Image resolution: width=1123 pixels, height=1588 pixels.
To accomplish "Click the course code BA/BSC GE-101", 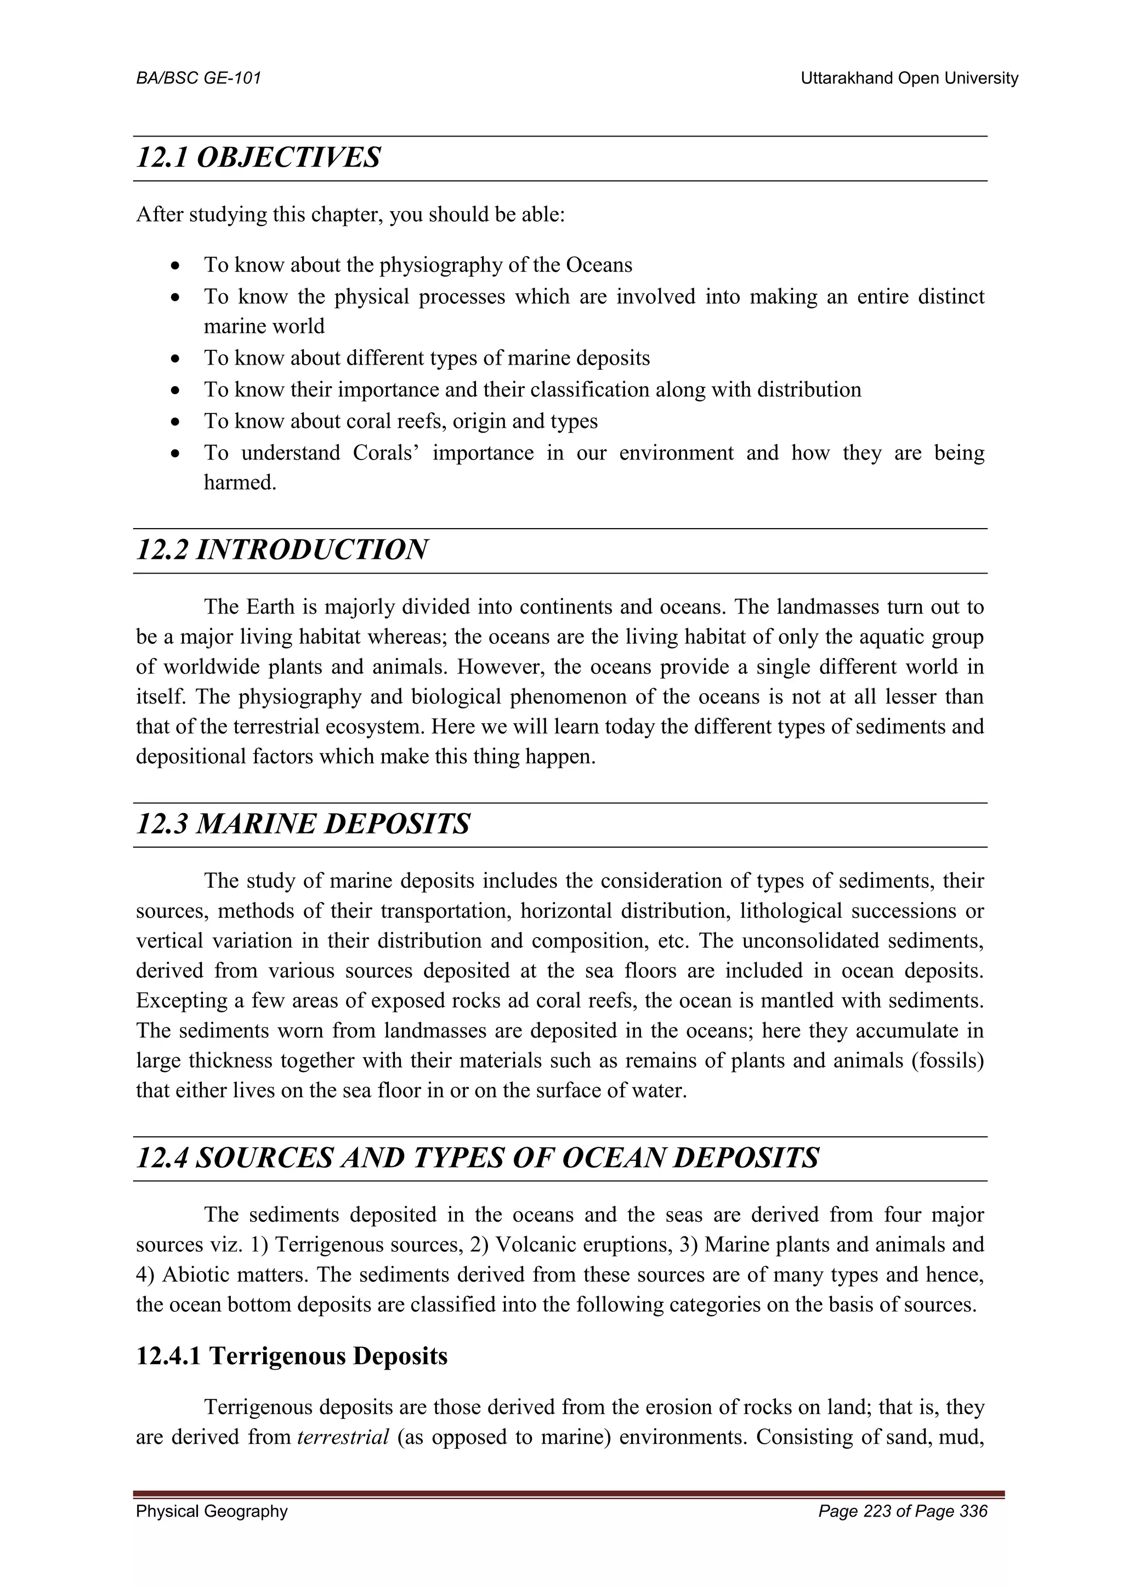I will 198,78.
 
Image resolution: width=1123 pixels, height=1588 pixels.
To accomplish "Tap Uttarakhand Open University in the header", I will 909,78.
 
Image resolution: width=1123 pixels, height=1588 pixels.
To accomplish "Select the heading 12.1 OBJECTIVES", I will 258,158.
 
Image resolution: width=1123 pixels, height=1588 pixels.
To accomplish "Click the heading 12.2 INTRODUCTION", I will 281,550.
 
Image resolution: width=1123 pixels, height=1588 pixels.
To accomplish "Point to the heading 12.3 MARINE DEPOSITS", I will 303,824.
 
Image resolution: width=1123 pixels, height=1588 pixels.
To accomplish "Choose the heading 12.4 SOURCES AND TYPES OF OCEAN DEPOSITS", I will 477,1158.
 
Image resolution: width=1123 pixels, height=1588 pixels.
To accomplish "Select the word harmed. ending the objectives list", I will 240,483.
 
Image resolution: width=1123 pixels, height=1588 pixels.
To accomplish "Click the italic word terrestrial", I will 343,1437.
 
